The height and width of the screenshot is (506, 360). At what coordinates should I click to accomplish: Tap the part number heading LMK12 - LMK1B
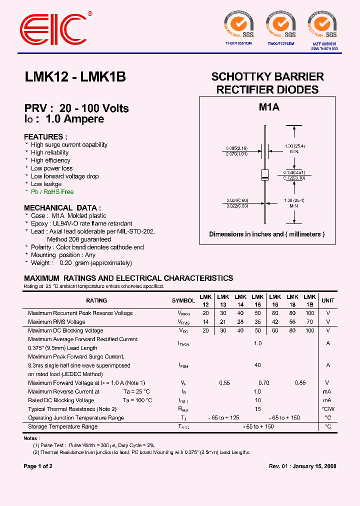point(75,77)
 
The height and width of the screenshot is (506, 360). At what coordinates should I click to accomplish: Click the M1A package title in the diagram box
point(268,107)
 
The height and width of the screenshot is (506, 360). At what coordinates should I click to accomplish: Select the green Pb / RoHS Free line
point(52,192)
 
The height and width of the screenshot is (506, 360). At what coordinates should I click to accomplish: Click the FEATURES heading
point(45,136)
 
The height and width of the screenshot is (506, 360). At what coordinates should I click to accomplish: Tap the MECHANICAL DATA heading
point(62,207)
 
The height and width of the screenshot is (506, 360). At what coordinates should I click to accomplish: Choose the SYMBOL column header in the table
point(183,300)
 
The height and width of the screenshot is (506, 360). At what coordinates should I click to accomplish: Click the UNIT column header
point(328,300)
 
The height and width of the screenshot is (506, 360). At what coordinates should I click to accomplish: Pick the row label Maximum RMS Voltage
point(56,322)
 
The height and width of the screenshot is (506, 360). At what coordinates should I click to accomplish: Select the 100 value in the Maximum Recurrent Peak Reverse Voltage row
point(309,313)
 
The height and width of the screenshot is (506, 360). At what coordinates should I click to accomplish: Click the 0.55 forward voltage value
point(224,383)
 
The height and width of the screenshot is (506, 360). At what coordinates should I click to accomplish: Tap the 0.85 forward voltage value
point(300,383)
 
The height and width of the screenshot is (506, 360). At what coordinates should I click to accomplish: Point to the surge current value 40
point(257,365)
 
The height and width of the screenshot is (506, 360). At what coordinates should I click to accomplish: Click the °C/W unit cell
point(328,409)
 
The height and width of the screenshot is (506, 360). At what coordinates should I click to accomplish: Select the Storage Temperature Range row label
point(62,426)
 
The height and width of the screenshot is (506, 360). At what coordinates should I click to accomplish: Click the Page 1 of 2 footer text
point(38,466)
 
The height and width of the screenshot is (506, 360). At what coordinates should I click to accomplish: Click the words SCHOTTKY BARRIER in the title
point(267,77)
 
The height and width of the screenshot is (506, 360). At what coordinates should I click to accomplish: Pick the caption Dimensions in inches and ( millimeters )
point(267,234)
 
